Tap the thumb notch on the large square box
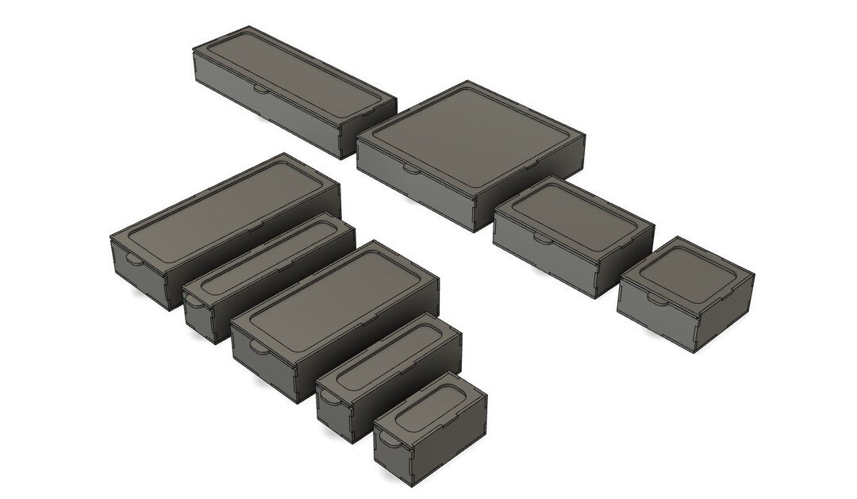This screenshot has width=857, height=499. click(411, 168)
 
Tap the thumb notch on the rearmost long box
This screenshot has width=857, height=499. click(261, 90)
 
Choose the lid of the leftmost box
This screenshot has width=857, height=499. click(226, 210)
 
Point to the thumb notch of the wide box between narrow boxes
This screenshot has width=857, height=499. click(259, 347)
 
